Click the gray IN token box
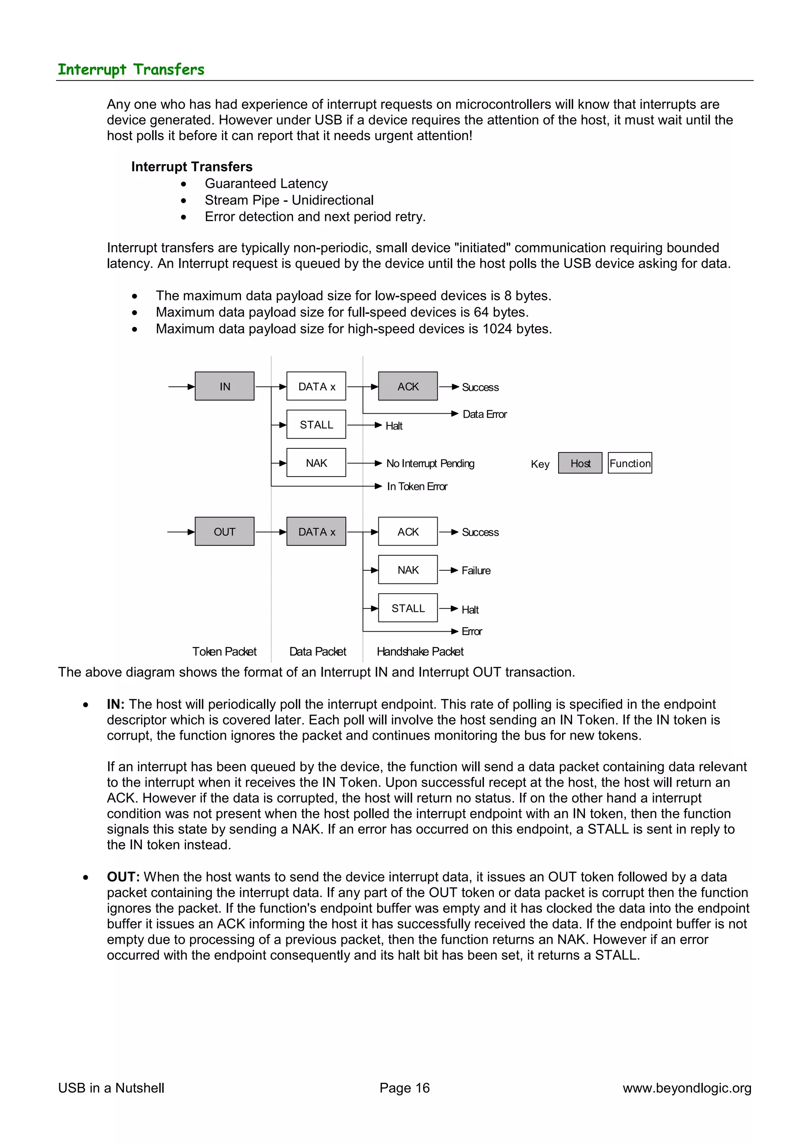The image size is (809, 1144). pos(224,386)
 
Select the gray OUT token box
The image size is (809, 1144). pos(224,532)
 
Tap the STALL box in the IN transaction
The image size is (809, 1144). pos(316,424)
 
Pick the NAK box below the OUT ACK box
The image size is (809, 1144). pos(408,570)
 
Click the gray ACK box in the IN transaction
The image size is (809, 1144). pos(408,386)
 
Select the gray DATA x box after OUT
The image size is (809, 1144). pos(316,532)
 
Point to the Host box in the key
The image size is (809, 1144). pos(580,463)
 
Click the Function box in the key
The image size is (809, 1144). pos(630,463)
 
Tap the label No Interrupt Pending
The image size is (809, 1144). pos(430,463)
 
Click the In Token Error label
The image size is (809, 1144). pos(417,486)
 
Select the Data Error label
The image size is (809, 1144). pos(485,414)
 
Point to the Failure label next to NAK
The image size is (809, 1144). pos(476,570)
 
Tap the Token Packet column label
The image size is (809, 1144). pos(224,651)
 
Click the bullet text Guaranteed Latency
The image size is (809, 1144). pos(266,183)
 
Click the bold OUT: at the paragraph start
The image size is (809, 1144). pos(123,877)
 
